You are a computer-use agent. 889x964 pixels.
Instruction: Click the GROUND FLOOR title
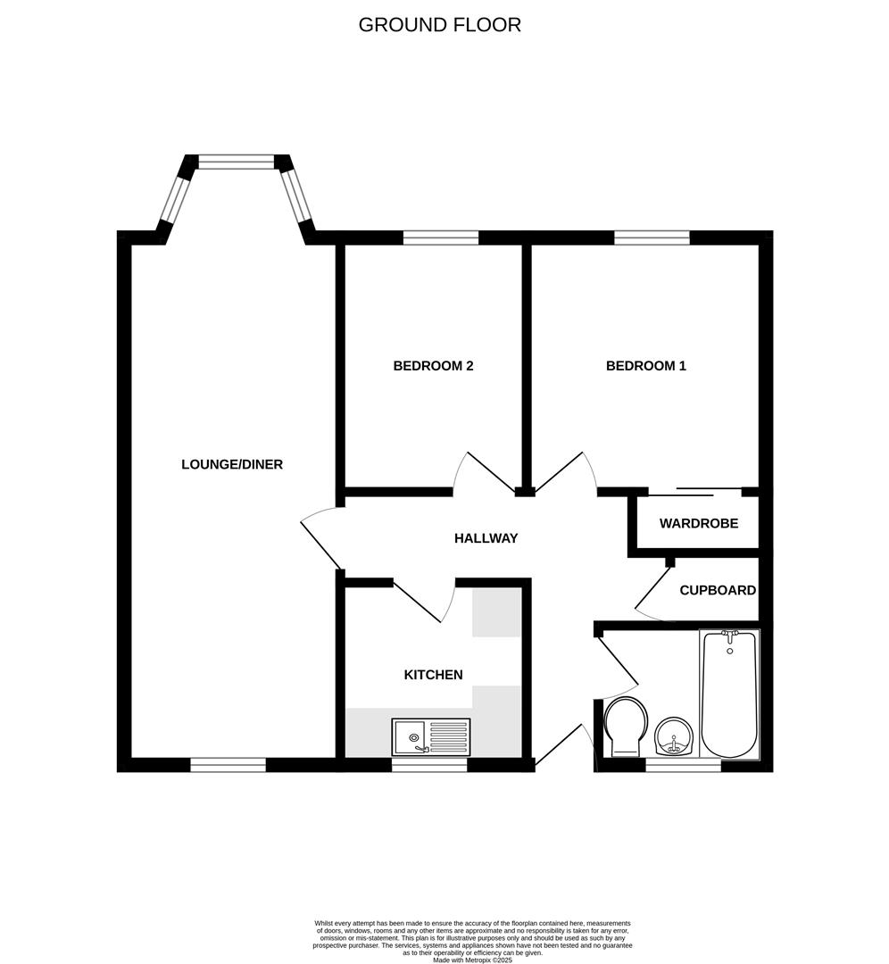(439, 25)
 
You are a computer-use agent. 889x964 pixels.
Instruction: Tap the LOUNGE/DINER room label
(232, 464)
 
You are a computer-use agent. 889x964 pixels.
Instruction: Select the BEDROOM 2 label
(433, 366)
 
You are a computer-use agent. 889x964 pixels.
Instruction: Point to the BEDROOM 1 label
(646, 366)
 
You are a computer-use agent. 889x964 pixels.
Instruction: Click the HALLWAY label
(486, 538)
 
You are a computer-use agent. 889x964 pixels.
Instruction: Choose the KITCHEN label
(434, 675)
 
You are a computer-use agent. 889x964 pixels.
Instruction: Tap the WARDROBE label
(699, 523)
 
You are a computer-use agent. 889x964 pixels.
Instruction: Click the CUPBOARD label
(718, 591)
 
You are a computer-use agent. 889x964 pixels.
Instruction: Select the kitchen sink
(430, 737)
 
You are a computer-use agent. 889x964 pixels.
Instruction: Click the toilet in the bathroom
(626, 726)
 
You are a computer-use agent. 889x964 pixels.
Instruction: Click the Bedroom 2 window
(440, 237)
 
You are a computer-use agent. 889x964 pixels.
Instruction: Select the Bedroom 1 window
(652, 237)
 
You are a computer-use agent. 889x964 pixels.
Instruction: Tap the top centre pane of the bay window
(237, 162)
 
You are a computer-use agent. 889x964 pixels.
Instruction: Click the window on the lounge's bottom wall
(228, 765)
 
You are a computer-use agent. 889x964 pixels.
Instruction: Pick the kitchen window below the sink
(429, 765)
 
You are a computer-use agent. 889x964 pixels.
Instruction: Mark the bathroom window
(683, 765)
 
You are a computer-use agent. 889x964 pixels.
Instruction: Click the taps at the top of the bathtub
(730, 636)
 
